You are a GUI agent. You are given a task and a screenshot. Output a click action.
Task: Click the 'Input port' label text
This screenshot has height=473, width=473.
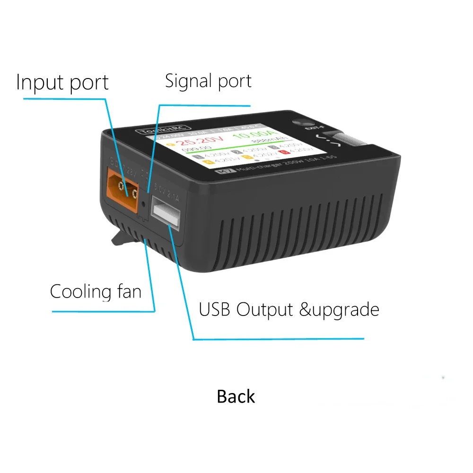(x=62, y=82)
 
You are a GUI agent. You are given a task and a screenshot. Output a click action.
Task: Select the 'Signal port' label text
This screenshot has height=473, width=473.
(x=208, y=81)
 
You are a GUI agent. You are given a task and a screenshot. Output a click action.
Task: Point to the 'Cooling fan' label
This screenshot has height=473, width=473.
(x=96, y=291)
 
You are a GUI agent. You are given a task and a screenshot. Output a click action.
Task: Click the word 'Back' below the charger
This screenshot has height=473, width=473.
(x=236, y=396)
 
